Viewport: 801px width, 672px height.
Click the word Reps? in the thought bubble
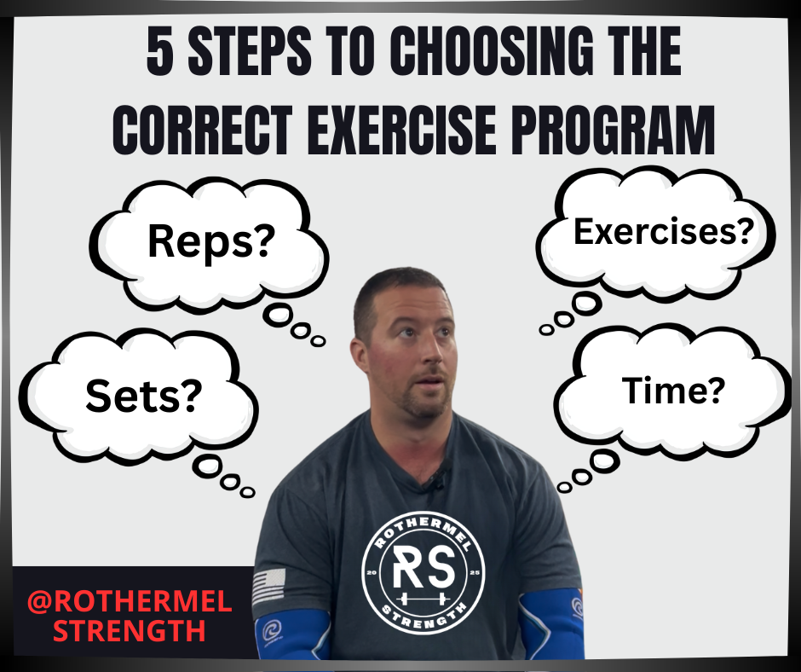(x=210, y=241)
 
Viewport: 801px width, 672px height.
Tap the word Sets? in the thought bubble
(x=144, y=395)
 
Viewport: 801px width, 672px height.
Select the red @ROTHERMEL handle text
(x=129, y=601)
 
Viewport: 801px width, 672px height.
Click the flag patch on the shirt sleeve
(x=269, y=588)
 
